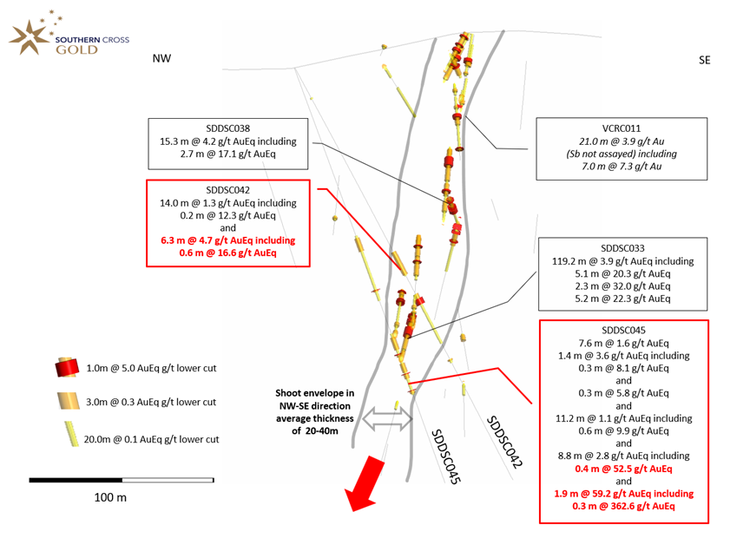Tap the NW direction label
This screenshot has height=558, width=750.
pyautogui.click(x=161, y=58)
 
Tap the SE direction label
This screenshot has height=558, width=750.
pyautogui.click(x=704, y=60)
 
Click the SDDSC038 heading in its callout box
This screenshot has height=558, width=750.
pyautogui.click(x=227, y=128)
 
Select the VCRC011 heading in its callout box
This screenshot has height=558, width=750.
pyautogui.click(x=621, y=128)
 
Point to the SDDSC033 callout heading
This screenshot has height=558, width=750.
pyautogui.click(x=622, y=248)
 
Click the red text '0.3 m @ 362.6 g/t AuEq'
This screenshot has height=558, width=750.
pyautogui.click(x=623, y=506)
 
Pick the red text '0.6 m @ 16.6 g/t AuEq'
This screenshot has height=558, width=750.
pyautogui.click(x=227, y=253)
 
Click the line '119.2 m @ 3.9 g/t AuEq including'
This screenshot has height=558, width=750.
pyautogui.click(x=622, y=261)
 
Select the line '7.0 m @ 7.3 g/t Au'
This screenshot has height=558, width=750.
pyautogui.click(x=622, y=167)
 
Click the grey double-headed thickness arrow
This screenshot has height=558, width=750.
pyautogui.click(x=387, y=419)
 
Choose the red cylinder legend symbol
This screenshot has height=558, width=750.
pyautogui.click(x=67, y=367)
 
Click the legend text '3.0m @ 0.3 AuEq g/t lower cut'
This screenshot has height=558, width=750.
pyautogui.click(x=151, y=402)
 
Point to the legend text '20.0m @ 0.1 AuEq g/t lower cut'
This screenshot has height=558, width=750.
pyautogui.click(x=151, y=439)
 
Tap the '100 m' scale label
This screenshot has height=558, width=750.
pyautogui.click(x=110, y=497)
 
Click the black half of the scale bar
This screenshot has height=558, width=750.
pyautogui.click(x=76, y=480)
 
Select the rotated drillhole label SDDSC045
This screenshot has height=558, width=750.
pyautogui.click(x=445, y=456)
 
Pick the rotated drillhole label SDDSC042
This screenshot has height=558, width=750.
pyautogui.click(x=504, y=442)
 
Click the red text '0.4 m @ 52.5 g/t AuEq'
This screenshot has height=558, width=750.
pyautogui.click(x=623, y=469)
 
